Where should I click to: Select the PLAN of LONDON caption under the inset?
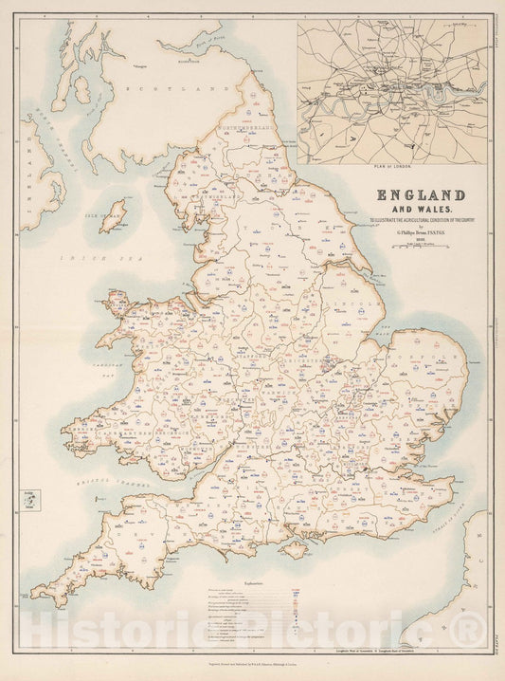pos(391,166)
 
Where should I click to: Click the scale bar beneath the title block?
pos(421,245)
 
